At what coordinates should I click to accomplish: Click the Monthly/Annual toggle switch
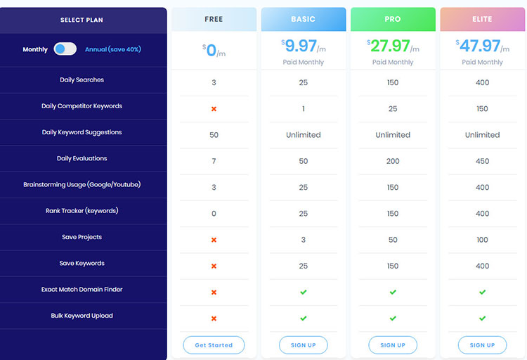click(x=65, y=49)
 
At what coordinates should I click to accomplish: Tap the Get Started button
click(x=214, y=345)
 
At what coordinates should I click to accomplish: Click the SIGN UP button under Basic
click(x=303, y=345)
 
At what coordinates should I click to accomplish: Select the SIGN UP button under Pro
click(x=392, y=345)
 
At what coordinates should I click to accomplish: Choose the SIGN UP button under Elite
click(x=482, y=345)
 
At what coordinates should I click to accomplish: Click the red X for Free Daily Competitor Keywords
click(x=214, y=109)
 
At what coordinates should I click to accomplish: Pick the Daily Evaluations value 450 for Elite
click(x=482, y=161)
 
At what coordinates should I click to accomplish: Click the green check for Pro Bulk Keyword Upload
click(x=392, y=319)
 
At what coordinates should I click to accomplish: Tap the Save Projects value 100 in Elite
click(x=482, y=240)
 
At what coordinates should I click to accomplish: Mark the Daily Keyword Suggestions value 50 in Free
click(x=214, y=135)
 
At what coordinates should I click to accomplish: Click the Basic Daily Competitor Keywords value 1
click(x=303, y=109)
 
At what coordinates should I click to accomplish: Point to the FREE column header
click(x=214, y=19)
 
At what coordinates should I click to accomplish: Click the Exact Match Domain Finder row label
click(x=82, y=290)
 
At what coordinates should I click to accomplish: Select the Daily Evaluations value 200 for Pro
click(x=392, y=161)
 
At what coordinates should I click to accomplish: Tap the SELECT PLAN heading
click(x=82, y=20)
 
